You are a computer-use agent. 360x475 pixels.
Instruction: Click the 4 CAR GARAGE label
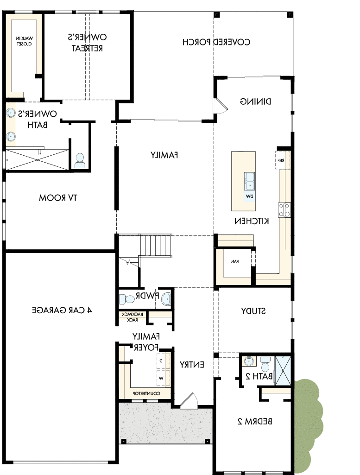point(62,310)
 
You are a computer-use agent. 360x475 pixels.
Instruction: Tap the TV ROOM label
point(58,198)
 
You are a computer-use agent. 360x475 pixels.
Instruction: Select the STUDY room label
point(253,311)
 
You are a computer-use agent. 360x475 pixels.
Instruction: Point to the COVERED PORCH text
point(217,42)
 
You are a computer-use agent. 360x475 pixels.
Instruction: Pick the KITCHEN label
point(252,221)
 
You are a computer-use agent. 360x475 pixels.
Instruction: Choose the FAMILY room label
point(164,155)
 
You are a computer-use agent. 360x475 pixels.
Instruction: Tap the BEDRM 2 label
point(254,421)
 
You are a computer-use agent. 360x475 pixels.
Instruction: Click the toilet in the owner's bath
point(80,160)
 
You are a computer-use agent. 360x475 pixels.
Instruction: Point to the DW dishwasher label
point(249,196)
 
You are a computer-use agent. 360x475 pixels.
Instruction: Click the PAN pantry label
point(234,261)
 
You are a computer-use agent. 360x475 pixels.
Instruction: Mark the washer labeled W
point(161,378)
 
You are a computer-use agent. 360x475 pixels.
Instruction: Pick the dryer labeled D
point(161,360)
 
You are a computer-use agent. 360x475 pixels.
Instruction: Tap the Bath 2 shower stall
point(282,370)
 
